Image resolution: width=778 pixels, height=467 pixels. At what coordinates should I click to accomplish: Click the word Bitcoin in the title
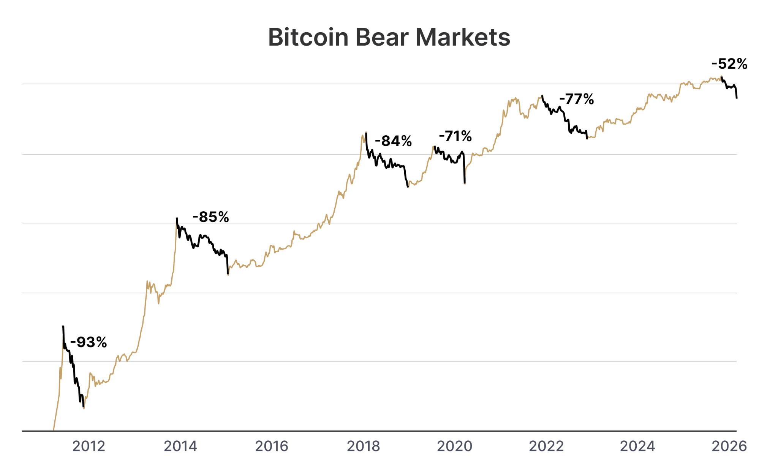tap(308, 37)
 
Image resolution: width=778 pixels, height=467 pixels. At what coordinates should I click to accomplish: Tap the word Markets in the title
tap(463, 37)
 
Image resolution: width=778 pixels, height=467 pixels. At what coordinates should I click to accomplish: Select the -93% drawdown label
tap(89, 342)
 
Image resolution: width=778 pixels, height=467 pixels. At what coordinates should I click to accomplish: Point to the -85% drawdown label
tap(211, 217)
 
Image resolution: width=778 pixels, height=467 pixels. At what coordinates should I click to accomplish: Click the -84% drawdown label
tap(393, 141)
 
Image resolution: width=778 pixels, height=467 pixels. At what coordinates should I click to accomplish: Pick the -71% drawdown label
tap(455, 136)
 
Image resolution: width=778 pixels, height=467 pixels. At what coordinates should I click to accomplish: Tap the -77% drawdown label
tap(576, 99)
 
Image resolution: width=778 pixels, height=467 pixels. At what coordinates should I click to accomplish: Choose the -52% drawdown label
tap(729, 64)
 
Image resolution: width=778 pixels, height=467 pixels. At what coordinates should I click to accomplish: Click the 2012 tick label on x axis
tap(89, 446)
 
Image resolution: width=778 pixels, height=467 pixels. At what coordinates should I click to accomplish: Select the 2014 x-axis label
tap(180, 446)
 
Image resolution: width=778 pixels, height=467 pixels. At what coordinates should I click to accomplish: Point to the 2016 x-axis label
tap(272, 446)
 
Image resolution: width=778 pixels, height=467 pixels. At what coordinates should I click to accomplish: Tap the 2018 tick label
tap(363, 446)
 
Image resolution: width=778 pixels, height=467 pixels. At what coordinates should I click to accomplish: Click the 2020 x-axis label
tap(455, 446)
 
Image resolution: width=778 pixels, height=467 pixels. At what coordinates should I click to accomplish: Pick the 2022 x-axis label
tap(546, 446)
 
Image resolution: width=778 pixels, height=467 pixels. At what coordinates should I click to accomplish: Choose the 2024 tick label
tap(637, 446)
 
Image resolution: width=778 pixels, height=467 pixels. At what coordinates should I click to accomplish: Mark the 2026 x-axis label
tap(729, 446)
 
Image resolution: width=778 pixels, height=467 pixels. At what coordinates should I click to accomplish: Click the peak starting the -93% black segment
tap(63, 326)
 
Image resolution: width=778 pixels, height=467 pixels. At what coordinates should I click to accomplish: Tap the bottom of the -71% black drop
tap(465, 184)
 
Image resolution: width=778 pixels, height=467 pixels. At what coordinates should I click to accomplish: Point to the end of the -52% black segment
tap(737, 98)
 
